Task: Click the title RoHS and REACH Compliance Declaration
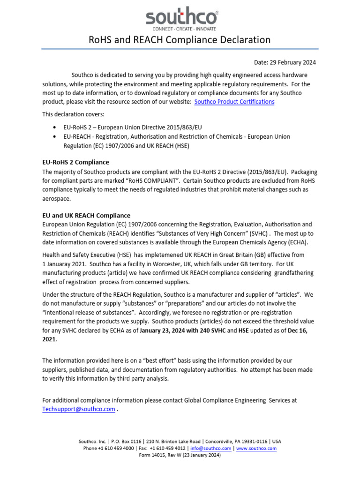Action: (x=180, y=40)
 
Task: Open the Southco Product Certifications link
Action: (x=234, y=102)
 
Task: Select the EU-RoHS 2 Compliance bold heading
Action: (x=75, y=162)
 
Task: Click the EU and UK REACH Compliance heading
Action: (x=86, y=216)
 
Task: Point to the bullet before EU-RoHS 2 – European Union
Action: (x=55, y=127)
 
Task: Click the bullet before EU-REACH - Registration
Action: (x=55, y=136)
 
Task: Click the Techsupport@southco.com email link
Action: (x=78, y=409)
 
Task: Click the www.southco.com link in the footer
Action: (x=256, y=448)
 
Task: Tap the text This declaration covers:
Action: (x=74, y=114)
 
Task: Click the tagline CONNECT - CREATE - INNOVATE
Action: (x=180, y=29)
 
